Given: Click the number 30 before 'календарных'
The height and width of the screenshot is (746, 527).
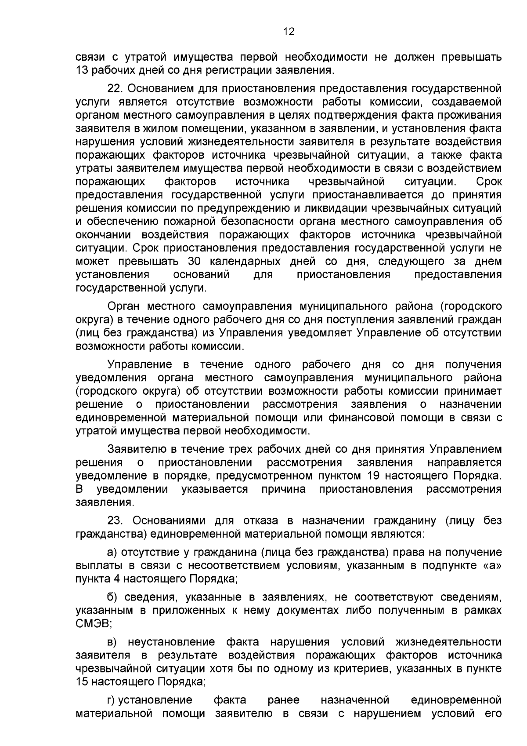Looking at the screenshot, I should point(194,262).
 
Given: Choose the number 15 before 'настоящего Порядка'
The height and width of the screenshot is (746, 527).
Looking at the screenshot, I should point(82,682).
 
